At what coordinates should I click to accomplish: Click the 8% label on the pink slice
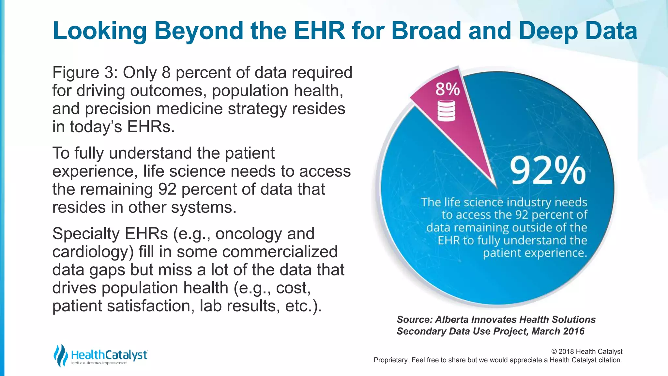(x=448, y=89)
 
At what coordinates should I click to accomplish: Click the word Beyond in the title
(x=199, y=31)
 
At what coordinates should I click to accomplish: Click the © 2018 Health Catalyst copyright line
(x=586, y=352)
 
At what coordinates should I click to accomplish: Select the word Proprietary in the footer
(x=390, y=360)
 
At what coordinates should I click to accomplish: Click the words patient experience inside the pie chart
(x=535, y=253)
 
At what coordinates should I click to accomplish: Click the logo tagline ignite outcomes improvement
(x=99, y=363)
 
